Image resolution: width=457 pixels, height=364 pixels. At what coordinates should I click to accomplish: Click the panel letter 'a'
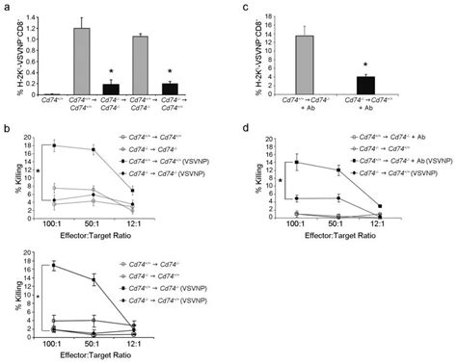pos(6,8)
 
